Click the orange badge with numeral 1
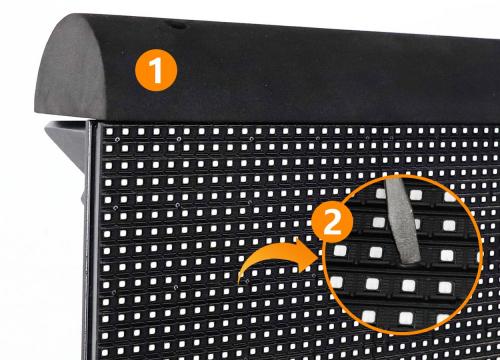coord(156,70)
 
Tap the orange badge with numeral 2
coord(332,221)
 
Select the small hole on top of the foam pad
coord(177,26)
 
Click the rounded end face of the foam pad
coord(69,68)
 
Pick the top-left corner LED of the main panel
coord(109,131)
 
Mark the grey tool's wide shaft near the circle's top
coord(395,192)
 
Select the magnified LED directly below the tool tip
coord(408,285)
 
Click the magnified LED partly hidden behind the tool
coord(417,224)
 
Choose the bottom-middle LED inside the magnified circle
coord(406,318)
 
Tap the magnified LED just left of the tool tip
coord(376,252)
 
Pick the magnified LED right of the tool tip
coord(447,256)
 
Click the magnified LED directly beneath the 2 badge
coord(340,250)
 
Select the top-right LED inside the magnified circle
coord(449,197)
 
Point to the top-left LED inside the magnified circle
coord(381,193)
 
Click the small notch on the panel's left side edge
coord(83,198)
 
